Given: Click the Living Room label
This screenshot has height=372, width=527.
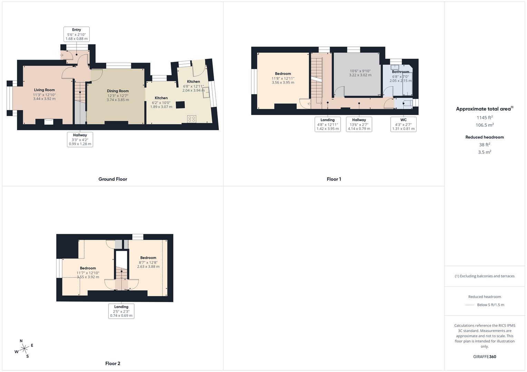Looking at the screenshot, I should [44, 90].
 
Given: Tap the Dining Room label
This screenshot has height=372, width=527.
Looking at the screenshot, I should [118, 91].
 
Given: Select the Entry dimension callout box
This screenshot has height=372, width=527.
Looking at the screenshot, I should [76, 34].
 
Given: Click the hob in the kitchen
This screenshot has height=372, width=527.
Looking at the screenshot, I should [192, 119].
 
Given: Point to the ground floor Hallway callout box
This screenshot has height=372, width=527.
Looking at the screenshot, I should [80, 139].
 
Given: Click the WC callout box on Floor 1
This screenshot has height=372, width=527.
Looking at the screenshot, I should [403, 124].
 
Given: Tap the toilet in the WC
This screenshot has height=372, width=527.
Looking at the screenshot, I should [407, 103].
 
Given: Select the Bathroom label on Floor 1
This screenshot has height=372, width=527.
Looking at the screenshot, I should [400, 72].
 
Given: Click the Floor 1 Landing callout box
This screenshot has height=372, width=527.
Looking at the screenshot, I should [328, 124].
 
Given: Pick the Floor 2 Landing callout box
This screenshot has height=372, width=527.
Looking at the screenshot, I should [121, 311].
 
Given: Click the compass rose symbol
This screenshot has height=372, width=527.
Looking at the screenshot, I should [24, 349].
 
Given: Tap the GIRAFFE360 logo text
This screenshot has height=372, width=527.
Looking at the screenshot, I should [485, 356].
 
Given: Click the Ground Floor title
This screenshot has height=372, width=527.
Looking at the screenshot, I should [113, 179].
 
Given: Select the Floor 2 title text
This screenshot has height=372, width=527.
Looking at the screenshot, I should [113, 363].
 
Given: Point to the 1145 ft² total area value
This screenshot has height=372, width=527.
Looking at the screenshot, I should [485, 117].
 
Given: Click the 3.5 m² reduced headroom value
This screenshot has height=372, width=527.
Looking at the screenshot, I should [485, 152].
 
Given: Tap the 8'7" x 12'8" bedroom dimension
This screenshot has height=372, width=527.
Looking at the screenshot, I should [148, 262].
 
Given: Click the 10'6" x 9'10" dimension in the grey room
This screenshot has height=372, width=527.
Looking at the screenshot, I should [360, 71].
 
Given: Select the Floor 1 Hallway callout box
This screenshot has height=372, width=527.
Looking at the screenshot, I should [359, 124].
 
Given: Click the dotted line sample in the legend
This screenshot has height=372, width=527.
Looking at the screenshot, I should [469, 305].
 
